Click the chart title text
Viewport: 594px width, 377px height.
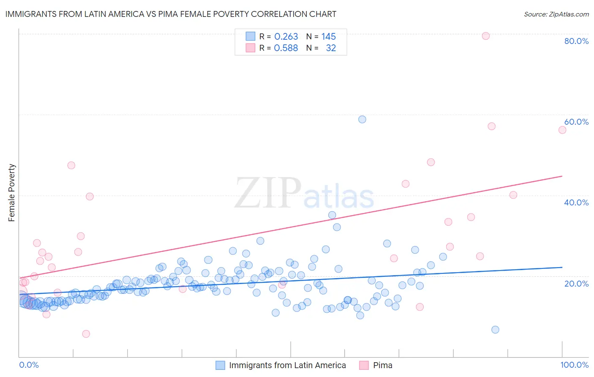pyautogui.click(x=171, y=14)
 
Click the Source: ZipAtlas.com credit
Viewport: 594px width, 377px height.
pyautogui.click(x=556, y=14)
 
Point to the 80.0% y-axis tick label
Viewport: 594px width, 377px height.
pyautogui.click(x=576, y=41)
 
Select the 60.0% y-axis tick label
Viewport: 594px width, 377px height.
pyautogui.click(x=576, y=122)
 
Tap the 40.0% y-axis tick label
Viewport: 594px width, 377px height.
pyautogui.click(x=576, y=202)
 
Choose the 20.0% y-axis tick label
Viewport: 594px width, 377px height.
pyautogui.click(x=576, y=283)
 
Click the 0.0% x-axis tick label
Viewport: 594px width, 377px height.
pyautogui.click(x=29, y=365)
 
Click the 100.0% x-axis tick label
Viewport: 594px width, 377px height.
pyautogui.click(x=574, y=365)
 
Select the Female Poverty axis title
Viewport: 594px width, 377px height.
pyautogui.click(x=12, y=193)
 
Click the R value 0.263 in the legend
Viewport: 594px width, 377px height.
pyautogui.click(x=286, y=36)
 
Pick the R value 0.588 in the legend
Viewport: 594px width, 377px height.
pyautogui.click(x=286, y=48)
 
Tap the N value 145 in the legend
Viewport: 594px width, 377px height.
pyautogui.click(x=328, y=36)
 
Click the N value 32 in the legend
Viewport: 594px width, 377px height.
pyautogui.click(x=331, y=48)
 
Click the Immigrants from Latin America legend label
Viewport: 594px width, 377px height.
pyautogui.click(x=287, y=365)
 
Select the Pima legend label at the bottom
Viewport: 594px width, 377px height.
pyautogui.click(x=382, y=365)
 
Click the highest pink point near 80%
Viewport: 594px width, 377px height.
pyautogui.click(x=486, y=36)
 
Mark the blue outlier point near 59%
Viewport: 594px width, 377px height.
pyautogui.click(x=362, y=119)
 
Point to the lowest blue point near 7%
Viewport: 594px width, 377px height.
pyautogui.click(x=495, y=330)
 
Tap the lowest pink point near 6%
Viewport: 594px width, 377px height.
pyautogui.click(x=86, y=334)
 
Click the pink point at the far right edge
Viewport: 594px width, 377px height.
pyautogui.click(x=562, y=130)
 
